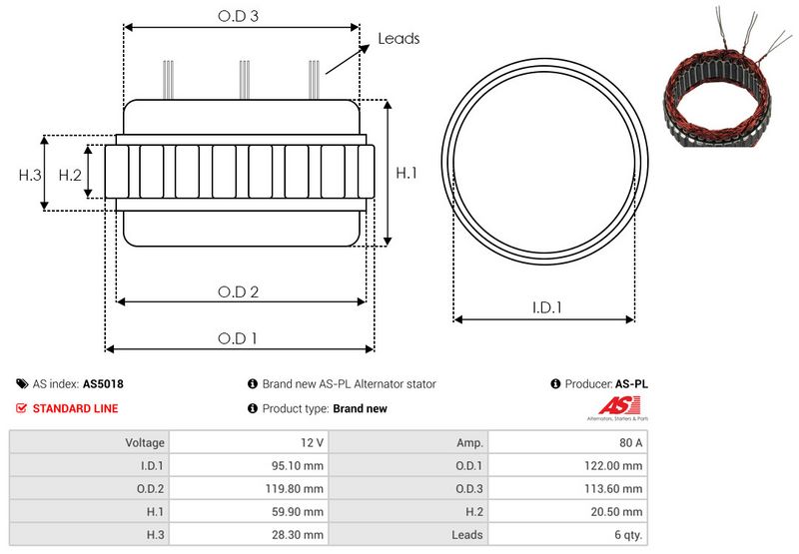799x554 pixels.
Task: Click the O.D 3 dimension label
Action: [x=239, y=17]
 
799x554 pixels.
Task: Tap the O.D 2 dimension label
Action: [x=239, y=291]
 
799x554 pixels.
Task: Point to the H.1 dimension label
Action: [x=406, y=174]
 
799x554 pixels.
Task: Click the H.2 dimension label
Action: [x=69, y=175]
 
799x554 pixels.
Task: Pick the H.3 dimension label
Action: [x=30, y=175]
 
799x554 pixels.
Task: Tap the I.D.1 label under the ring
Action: [x=545, y=308]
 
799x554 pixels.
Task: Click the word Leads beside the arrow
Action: [x=399, y=39]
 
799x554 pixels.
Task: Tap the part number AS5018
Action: [x=103, y=383]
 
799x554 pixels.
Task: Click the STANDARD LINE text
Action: [x=75, y=408]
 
